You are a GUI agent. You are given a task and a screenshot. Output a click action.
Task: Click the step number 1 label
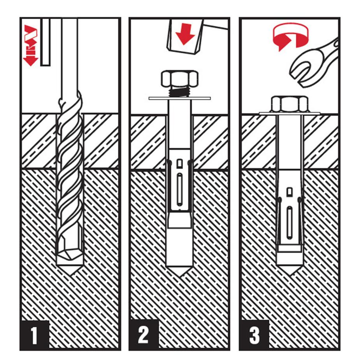click(x=34, y=335)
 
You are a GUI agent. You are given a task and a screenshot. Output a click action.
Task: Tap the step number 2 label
click(x=143, y=335)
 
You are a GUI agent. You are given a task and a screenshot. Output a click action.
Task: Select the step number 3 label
click(x=254, y=335)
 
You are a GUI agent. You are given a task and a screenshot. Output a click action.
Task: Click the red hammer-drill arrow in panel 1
click(x=30, y=45)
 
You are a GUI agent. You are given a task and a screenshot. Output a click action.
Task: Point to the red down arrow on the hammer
click(x=185, y=34)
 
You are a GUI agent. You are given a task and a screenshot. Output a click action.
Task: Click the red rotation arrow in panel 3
click(x=291, y=37)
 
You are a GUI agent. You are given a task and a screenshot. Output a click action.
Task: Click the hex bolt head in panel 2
click(x=180, y=79)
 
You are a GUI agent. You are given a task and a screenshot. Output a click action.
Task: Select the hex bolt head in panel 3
click(x=290, y=104)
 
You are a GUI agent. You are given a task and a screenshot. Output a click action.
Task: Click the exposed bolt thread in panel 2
click(x=179, y=92)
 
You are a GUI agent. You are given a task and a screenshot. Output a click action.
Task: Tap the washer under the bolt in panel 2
click(x=180, y=98)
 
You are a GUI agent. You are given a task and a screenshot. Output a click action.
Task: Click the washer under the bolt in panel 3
click(x=290, y=113)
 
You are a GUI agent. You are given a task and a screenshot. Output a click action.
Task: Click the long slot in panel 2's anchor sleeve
click(x=179, y=190)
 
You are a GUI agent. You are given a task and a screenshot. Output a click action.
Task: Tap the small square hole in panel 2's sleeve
click(x=179, y=163)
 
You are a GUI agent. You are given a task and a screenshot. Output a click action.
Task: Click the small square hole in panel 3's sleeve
click(x=290, y=192)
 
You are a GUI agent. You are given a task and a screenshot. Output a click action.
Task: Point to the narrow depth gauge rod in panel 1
click(x=46, y=42)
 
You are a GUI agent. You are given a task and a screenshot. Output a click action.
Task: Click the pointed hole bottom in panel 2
click(x=180, y=271)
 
